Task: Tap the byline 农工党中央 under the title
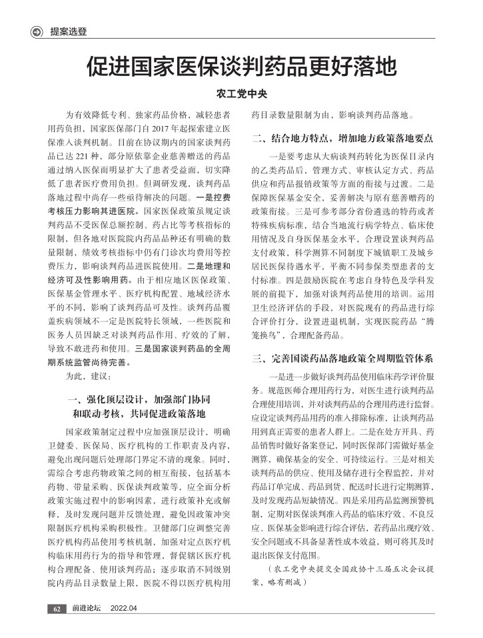tap(241, 94)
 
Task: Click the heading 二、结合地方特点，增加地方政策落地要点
tap(342, 139)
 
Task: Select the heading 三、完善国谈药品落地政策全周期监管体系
tap(342, 359)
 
